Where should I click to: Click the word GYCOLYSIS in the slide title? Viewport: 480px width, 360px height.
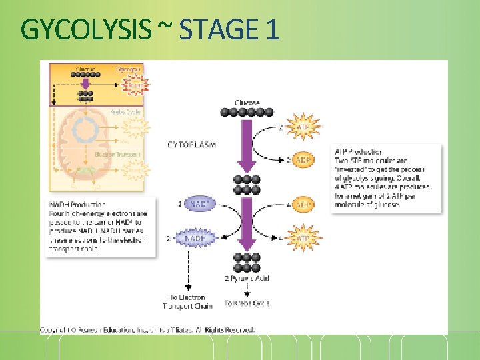(86, 29)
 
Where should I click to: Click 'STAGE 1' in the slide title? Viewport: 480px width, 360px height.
(229, 29)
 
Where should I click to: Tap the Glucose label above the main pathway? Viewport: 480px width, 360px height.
(247, 103)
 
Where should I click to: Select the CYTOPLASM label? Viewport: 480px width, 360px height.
(191, 145)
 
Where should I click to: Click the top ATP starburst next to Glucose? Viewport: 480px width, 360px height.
(303, 127)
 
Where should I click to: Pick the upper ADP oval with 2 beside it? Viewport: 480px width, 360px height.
(303, 161)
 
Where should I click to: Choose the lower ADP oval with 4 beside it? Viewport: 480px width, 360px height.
(303, 205)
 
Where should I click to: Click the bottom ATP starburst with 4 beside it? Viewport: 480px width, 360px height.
(303, 238)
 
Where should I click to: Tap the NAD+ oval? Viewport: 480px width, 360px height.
(199, 204)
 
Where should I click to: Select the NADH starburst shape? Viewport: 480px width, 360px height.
(195, 238)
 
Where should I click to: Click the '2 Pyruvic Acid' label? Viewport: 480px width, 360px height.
(247, 278)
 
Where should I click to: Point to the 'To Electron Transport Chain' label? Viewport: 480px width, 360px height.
(187, 302)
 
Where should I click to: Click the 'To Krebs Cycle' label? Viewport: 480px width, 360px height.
(247, 303)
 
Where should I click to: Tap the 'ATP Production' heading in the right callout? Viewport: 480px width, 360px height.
(359, 152)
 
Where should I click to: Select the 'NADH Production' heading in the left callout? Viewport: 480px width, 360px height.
(77, 205)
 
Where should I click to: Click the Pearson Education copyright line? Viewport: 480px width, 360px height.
(147, 330)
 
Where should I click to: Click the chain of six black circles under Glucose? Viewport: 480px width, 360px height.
(247, 113)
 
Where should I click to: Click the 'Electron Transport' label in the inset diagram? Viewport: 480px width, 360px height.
(117, 154)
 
